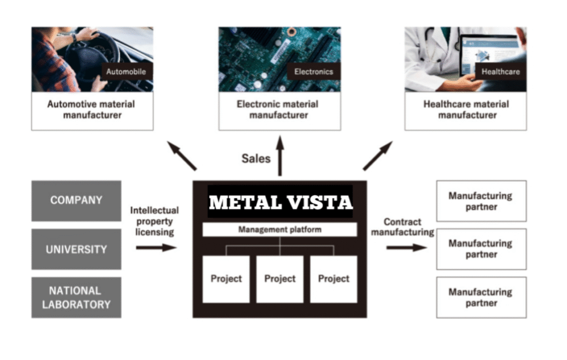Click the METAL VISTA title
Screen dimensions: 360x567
pos(280,203)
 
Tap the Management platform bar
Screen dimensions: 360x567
pos(280,229)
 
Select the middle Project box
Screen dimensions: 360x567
pos(280,279)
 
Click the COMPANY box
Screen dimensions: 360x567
pos(76,200)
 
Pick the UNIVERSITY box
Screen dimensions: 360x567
pos(76,249)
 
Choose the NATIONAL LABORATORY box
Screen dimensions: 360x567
pos(76,297)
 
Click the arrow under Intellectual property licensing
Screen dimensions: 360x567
pos(156,248)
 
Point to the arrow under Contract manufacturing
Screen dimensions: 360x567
pos(406,247)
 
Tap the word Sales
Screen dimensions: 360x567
pos(256,159)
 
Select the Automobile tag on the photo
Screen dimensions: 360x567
pos(126,71)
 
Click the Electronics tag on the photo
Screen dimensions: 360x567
pos(313,71)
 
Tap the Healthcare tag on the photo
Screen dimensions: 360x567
pos(501,71)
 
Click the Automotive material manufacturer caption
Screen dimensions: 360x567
pos(92,110)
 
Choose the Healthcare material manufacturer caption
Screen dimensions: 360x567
pos(466,110)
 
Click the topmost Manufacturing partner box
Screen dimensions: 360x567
pos(481,201)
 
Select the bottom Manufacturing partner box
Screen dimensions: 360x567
pos(481,297)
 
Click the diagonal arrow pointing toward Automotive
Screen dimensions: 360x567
pos(182,156)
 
